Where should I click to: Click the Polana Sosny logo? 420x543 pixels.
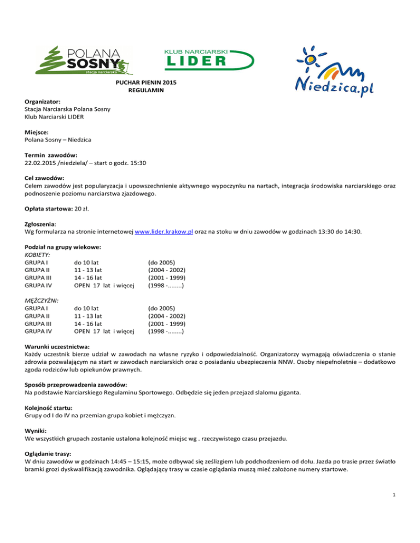click(x=81, y=61)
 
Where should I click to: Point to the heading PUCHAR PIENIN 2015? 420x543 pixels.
click(x=146, y=82)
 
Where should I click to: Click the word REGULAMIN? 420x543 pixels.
click(x=146, y=91)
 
